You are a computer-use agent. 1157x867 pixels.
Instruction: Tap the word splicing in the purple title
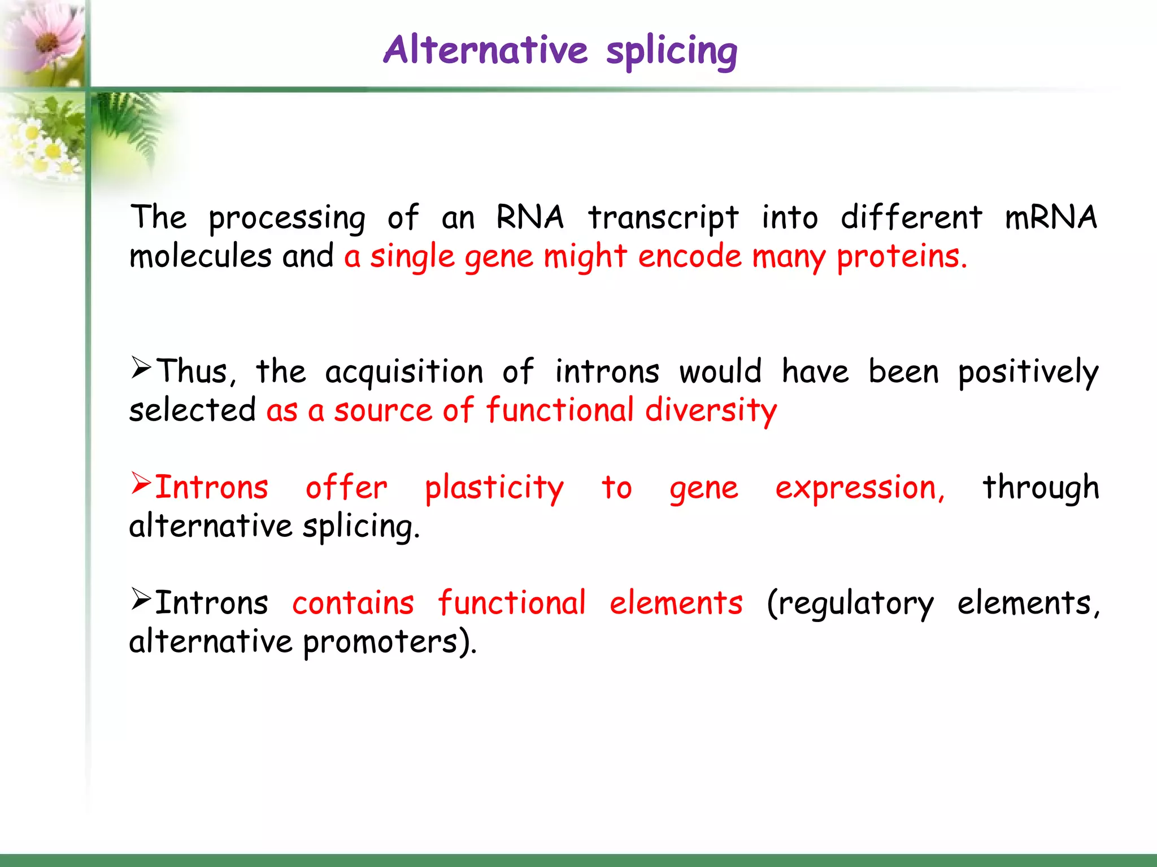(x=671, y=52)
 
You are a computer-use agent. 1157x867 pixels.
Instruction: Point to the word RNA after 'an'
(x=529, y=217)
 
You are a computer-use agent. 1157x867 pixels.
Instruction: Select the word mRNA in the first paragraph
(x=1051, y=217)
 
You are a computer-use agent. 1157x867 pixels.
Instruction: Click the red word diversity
(x=711, y=410)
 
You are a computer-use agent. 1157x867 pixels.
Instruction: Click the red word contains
(x=353, y=603)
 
